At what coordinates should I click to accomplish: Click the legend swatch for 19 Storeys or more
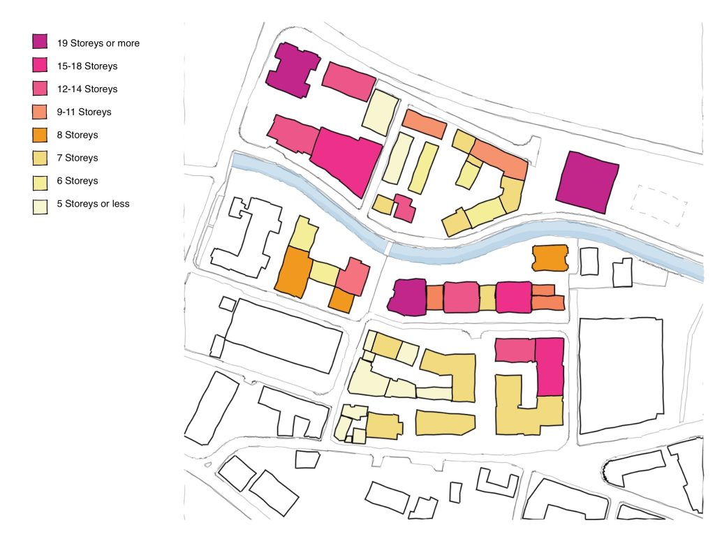[40, 43]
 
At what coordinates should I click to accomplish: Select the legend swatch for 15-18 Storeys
[40, 66]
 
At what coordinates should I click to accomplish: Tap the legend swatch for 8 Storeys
[40, 135]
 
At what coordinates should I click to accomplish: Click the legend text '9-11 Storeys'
[84, 112]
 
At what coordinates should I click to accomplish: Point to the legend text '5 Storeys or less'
[93, 204]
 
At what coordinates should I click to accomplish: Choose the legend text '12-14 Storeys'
[87, 89]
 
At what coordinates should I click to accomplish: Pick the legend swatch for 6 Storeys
[40, 181]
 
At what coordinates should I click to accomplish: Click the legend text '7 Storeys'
[78, 158]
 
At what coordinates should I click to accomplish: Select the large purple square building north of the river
[587, 182]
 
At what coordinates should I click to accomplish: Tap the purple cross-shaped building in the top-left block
[292, 69]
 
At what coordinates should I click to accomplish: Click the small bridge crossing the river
[388, 248]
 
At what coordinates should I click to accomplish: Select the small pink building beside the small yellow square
[404, 207]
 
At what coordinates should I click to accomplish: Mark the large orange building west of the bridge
[292, 271]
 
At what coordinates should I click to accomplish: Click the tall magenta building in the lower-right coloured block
[550, 367]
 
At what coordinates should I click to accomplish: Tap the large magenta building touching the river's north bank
[346, 159]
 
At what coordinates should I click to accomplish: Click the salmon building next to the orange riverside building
[353, 276]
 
